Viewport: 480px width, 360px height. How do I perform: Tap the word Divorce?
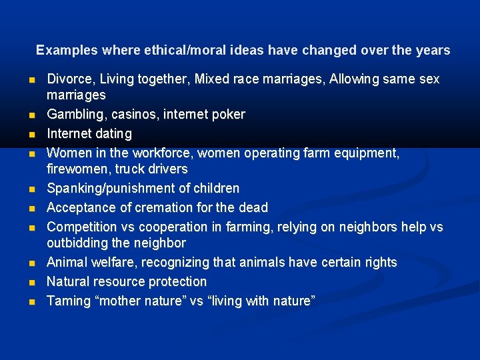point(70,79)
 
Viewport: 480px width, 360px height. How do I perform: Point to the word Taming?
point(68,301)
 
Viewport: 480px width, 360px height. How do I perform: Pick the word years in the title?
point(433,51)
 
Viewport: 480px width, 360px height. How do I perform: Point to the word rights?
point(379,263)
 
